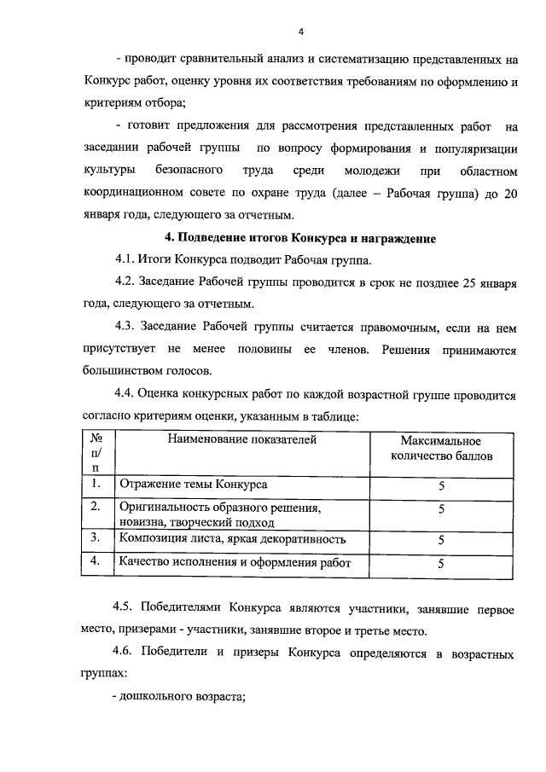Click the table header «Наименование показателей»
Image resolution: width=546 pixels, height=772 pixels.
[x=241, y=440]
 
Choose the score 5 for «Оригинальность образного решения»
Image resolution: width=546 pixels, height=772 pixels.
[x=441, y=509]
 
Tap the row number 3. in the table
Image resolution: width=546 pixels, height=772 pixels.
[x=96, y=538]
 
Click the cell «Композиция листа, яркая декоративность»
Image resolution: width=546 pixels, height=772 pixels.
[x=232, y=539]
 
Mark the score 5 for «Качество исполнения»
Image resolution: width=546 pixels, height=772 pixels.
[x=441, y=563]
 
